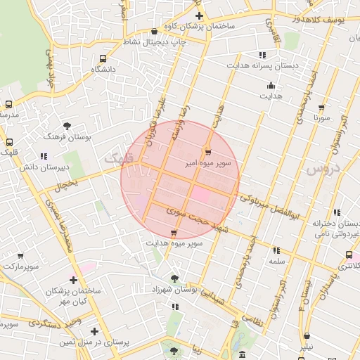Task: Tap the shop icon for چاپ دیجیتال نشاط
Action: coord(154,31)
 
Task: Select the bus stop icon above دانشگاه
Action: coord(103,59)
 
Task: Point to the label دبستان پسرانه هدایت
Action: coord(257,64)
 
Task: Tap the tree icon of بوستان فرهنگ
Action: coord(67,126)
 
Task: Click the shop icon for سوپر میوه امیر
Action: coord(207,152)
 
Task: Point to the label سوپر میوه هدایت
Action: coord(174,243)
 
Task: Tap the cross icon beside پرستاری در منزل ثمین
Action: coord(94,331)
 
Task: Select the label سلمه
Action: coord(276,260)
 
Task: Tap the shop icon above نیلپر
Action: coord(308,336)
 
